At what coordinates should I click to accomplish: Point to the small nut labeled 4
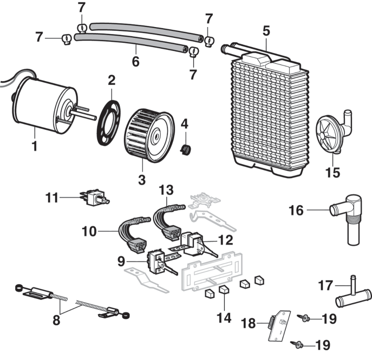point(186,148)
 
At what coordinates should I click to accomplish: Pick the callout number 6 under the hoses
point(135,61)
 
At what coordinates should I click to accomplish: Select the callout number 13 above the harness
point(167,190)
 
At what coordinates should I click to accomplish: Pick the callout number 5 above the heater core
point(266,31)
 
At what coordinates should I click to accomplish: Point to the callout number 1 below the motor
point(34,146)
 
